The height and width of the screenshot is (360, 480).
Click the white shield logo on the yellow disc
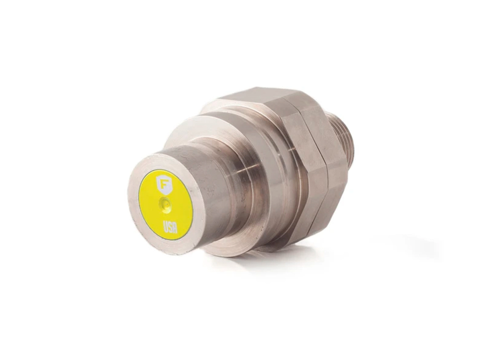pyautogui.click(x=164, y=185)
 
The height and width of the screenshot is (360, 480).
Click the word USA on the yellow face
pyautogui.click(x=170, y=227)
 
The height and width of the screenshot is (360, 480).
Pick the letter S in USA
pyautogui.click(x=170, y=227)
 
